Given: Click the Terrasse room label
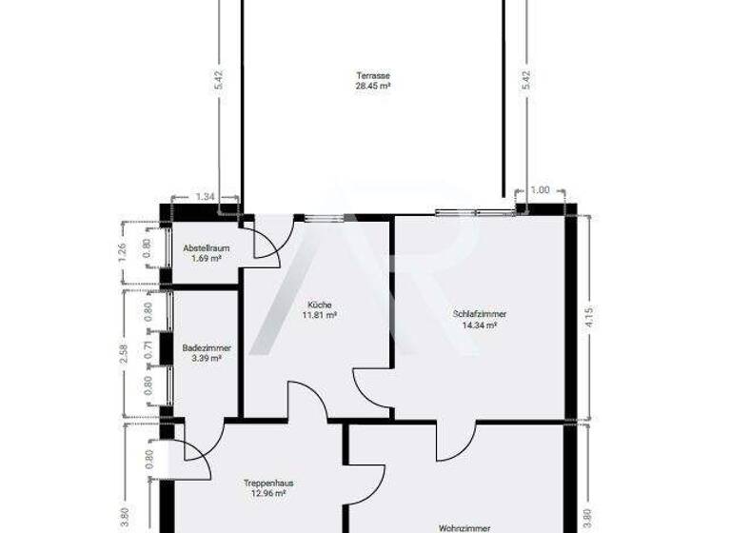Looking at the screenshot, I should (x=373, y=75).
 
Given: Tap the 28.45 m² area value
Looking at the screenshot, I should (x=373, y=86).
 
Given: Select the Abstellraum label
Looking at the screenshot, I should (x=202, y=247).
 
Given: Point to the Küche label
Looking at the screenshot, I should (x=320, y=305).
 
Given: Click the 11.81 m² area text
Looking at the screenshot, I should (x=320, y=315).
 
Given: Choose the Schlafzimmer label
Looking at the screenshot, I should (x=480, y=314).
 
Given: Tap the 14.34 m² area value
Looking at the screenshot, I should (x=480, y=325).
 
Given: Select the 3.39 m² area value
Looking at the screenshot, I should (x=202, y=359).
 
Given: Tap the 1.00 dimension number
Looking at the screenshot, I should (x=540, y=190).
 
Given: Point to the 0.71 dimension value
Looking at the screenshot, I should (x=148, y=348).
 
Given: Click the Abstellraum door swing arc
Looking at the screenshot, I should (x=267, y=246).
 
